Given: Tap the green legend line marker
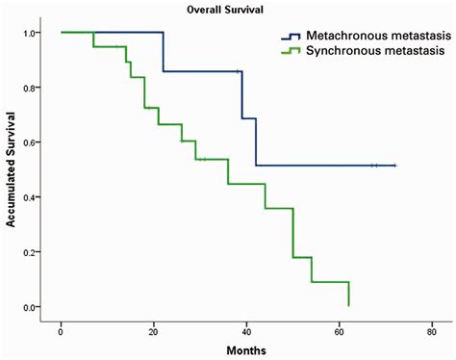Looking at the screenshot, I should click(x=282, y=49).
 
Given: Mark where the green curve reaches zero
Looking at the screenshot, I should click(x=348, y=305).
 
